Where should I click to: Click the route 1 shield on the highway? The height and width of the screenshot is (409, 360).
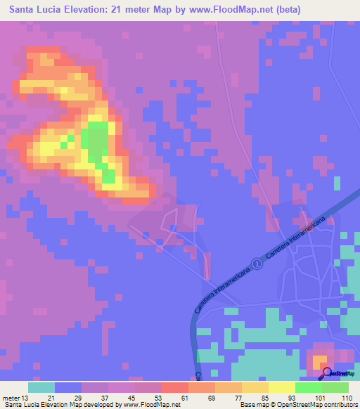257,264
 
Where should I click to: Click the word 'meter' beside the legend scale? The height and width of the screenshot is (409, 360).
14,397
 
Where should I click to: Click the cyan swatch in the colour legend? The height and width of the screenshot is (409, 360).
41,387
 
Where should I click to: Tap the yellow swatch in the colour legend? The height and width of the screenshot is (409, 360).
281,387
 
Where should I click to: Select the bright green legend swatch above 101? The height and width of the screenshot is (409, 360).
308,387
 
